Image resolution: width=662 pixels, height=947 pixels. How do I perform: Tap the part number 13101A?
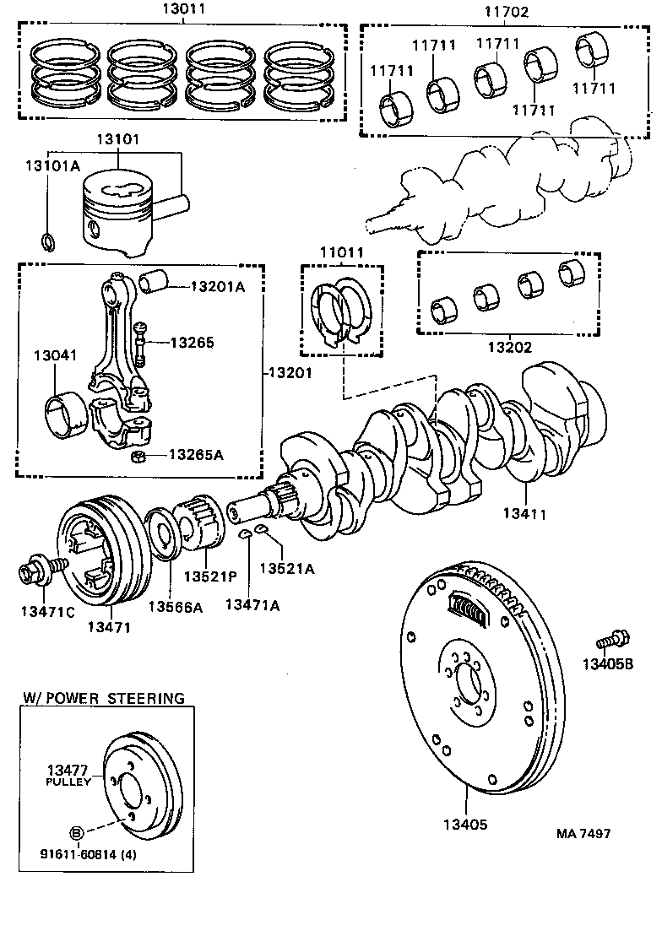[51, 166]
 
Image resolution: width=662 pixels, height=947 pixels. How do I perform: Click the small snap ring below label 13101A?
[49, 241]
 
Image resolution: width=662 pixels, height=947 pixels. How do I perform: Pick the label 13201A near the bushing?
[217, 287]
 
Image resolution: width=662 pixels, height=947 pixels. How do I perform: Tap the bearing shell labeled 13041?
[63, 414]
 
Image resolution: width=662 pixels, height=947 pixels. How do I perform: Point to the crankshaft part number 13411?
[525, 512]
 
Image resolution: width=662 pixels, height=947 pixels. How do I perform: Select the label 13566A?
[176, 606]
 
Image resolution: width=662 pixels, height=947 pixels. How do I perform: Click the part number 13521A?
[286, 569]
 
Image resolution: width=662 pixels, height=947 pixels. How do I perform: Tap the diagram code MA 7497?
[583, 833]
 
